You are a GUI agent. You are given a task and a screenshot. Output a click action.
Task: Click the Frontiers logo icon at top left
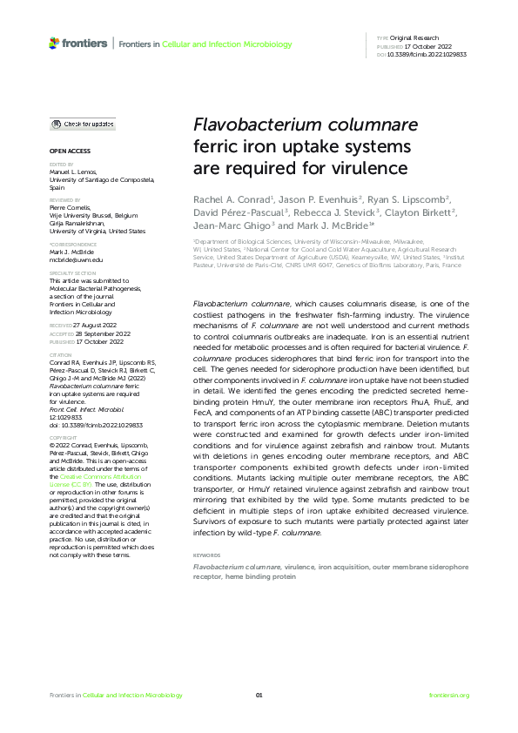pyautogui.click(x=55, y=43)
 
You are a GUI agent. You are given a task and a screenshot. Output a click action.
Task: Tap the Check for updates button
pyautogui.click(x=83, y=124)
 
